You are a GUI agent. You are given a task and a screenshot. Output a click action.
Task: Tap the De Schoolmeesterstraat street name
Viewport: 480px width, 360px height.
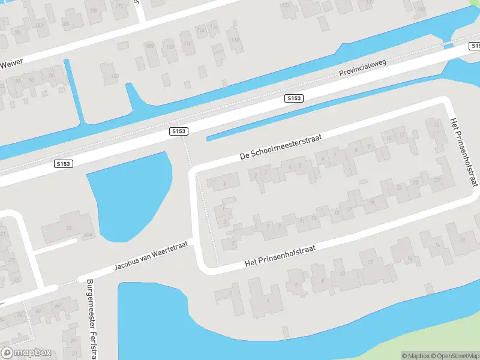(x=281, y=146)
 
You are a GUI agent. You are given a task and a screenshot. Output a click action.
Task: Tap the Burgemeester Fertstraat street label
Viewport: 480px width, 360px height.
(x=92, y=318)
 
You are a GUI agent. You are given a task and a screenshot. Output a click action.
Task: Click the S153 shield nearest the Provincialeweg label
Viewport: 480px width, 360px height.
(x=294, y=98)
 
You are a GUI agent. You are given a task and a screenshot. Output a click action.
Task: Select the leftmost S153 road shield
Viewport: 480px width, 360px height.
(x=63, y=163)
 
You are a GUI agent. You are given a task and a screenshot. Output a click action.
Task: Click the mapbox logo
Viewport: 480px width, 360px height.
(x=26, y=353)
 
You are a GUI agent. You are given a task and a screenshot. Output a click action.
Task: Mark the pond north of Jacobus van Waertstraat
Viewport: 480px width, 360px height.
(x=129, y=192)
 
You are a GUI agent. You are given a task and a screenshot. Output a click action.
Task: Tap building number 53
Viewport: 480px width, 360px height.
(x=68, y=228)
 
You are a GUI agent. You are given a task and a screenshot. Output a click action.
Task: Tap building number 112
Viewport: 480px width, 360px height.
(x=188, y=43)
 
